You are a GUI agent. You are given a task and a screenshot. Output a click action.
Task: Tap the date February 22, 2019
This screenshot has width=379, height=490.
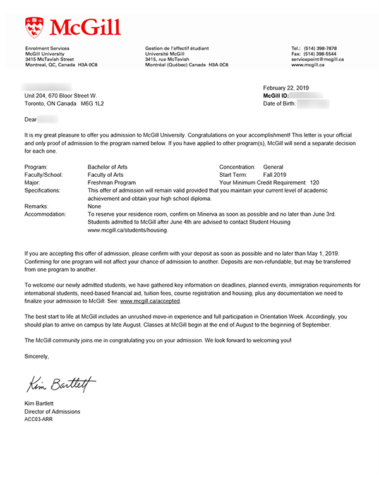[286, 88]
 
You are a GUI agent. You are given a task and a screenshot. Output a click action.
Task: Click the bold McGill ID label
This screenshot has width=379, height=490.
[276, 95]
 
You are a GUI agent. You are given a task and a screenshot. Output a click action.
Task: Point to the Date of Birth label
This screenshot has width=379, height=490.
[279, 104]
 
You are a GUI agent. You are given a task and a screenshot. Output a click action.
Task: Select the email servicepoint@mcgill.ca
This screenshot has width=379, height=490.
[317, 59]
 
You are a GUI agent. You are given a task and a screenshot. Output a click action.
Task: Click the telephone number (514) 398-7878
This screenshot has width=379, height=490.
[323, 49]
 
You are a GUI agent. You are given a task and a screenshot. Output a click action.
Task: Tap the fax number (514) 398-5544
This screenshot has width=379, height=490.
[323, 54]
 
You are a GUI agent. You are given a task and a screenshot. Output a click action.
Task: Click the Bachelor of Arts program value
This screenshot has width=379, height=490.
[107, 167]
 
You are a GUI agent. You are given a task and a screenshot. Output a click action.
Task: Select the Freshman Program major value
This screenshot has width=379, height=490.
[111, 182]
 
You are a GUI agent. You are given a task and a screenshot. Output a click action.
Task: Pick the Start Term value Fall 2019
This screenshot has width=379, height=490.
[275, 174]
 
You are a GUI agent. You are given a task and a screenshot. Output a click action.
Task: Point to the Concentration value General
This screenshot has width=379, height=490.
[274, 167]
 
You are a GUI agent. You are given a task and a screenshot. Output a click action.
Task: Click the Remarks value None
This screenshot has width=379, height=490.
[95, 206]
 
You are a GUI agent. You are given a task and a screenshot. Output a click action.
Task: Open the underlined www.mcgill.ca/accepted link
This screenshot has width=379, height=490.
[150, 301]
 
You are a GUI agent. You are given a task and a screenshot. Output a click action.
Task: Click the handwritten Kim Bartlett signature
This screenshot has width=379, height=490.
[61, 383]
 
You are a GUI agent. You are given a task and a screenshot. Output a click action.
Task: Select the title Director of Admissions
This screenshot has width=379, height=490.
[52, 411]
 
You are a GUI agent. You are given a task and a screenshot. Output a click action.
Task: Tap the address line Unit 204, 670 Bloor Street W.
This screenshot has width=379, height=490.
[61, 95]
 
